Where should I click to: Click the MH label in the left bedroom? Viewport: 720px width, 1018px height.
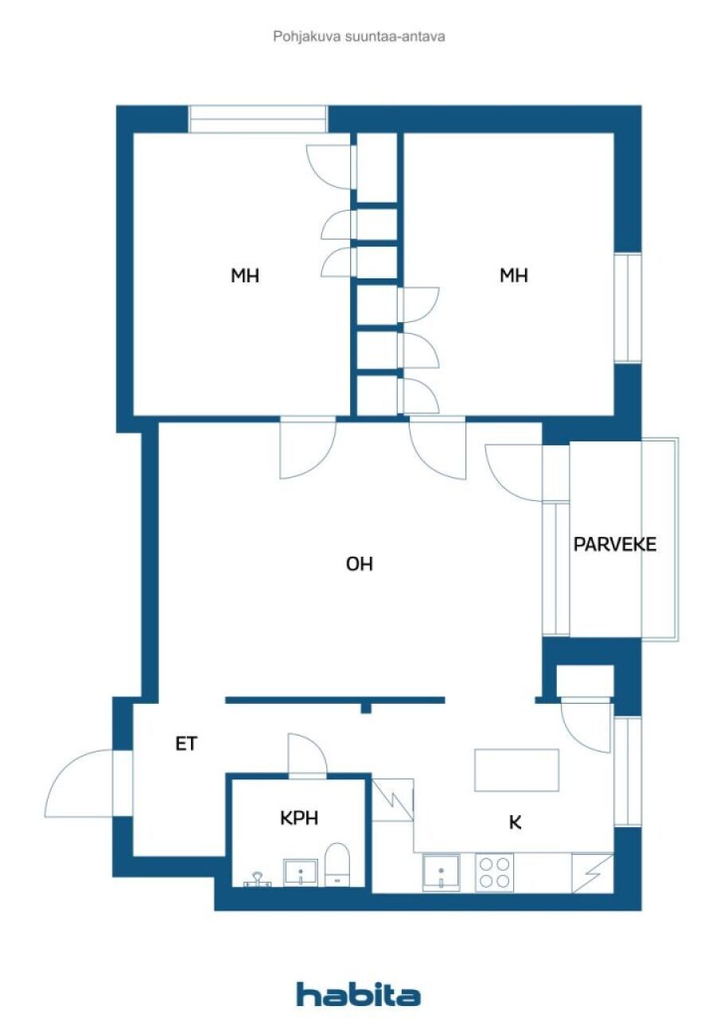(245, 276)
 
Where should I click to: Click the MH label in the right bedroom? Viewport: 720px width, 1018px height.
(514, 276)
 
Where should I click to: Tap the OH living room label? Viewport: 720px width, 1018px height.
(360, 564)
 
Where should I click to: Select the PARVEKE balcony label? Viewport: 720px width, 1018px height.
(615, 544)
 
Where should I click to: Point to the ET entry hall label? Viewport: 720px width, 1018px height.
(186, 744)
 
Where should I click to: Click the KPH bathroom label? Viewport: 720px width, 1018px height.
(299, 818)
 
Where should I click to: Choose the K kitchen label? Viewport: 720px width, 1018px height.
(516, 822)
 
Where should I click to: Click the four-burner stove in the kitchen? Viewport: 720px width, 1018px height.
(494, 871)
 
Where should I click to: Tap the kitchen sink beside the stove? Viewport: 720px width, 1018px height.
(441, 872)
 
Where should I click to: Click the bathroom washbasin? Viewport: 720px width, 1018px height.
(301, 872)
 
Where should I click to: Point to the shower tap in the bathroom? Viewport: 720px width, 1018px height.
(257, 878)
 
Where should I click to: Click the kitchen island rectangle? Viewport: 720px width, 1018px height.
(516, 769)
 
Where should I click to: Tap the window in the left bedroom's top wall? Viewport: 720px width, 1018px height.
(258, 119)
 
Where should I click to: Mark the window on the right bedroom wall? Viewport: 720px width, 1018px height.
(628, 308)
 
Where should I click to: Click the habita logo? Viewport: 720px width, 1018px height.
(359, 993)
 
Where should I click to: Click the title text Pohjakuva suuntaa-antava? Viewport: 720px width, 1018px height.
(359, 37)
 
